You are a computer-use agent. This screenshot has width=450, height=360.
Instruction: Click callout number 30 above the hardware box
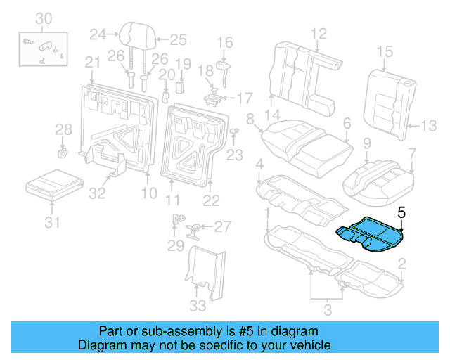(44, 18)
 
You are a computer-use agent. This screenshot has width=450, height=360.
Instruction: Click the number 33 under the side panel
(199, 306)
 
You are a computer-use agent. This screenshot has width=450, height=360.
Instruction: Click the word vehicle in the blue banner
(304, 345)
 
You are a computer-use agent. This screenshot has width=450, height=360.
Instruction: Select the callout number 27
(222, 226)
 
